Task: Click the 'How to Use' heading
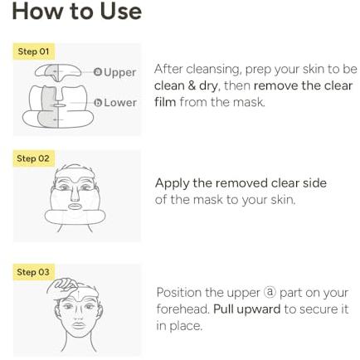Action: (77, 12)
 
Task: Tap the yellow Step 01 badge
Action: (33, 51)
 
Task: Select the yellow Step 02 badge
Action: (33, 158)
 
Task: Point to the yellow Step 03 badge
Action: (33, 272)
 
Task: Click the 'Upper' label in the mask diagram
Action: (120, 72)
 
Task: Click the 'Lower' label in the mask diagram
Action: (120, 103)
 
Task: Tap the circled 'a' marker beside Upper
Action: (98, 72)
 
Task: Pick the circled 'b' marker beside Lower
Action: (98, 103)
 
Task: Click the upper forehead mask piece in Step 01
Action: (58, 71)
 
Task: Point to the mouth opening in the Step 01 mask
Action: (59, 105)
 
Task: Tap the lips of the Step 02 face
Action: (74, 207)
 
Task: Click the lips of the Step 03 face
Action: (78, 325)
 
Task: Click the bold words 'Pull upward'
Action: (247, 309)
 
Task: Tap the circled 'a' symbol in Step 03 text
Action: (270, 292)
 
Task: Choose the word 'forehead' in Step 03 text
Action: (182, 309)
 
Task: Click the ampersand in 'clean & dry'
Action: (192, 85)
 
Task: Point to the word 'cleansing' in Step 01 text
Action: (214, 70)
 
